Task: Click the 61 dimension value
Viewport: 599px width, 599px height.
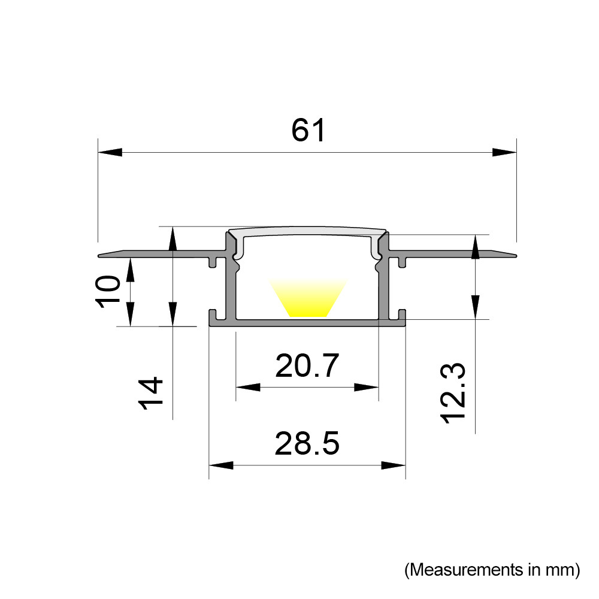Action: [x=308, y=130]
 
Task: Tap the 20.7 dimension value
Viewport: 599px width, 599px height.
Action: [x=307, y=365]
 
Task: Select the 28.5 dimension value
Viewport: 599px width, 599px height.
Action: [x=307, y=443]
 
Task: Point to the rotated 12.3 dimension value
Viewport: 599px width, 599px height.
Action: [x=454, y=394]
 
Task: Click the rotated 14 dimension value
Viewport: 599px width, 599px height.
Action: [x=151, y=394]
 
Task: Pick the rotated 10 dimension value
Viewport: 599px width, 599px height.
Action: [x=108, y=292]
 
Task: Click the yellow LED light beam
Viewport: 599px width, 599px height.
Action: [x=308, y=298]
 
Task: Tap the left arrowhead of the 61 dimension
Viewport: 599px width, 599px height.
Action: [x=110, y=152]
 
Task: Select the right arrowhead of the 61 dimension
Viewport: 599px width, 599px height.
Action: [x=504, y=152]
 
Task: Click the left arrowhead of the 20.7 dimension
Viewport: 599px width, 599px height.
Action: [x=248, y=388]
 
